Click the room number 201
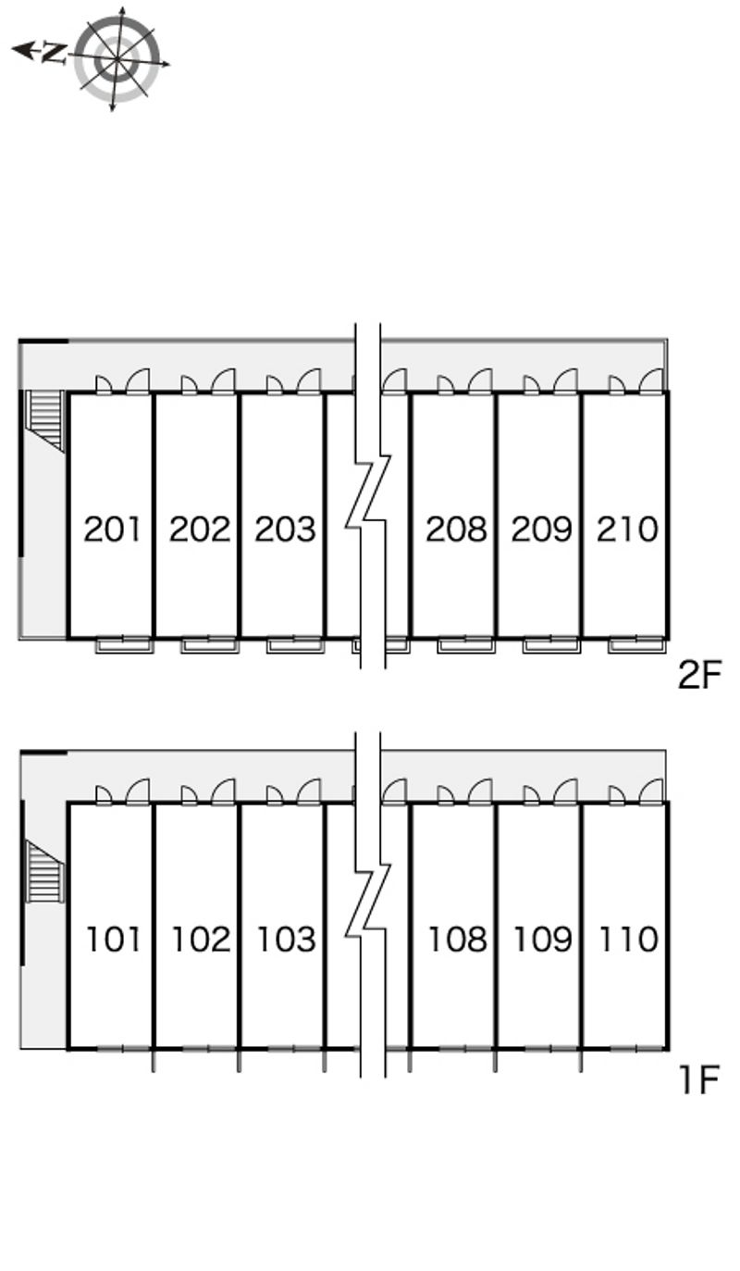112,530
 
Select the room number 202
199,530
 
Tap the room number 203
285,530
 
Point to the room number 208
456,530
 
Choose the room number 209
541,530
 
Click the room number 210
627,530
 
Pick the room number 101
114,940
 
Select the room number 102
200,940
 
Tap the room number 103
286,940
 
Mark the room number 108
457,940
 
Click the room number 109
542,940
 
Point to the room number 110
628,940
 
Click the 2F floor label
698,676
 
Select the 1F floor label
698,1079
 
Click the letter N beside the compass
54,53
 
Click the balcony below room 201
124,644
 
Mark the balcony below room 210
636,644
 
